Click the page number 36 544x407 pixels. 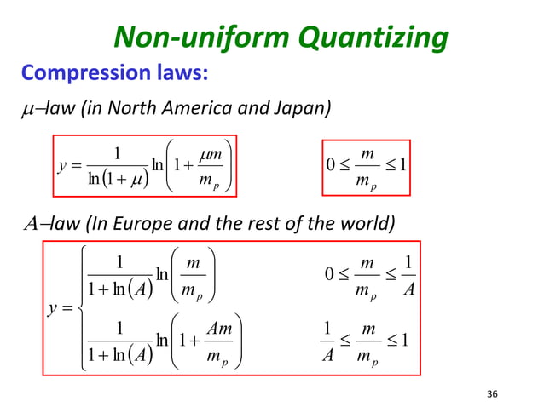[490, 393]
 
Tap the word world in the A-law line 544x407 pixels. [370, 226]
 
